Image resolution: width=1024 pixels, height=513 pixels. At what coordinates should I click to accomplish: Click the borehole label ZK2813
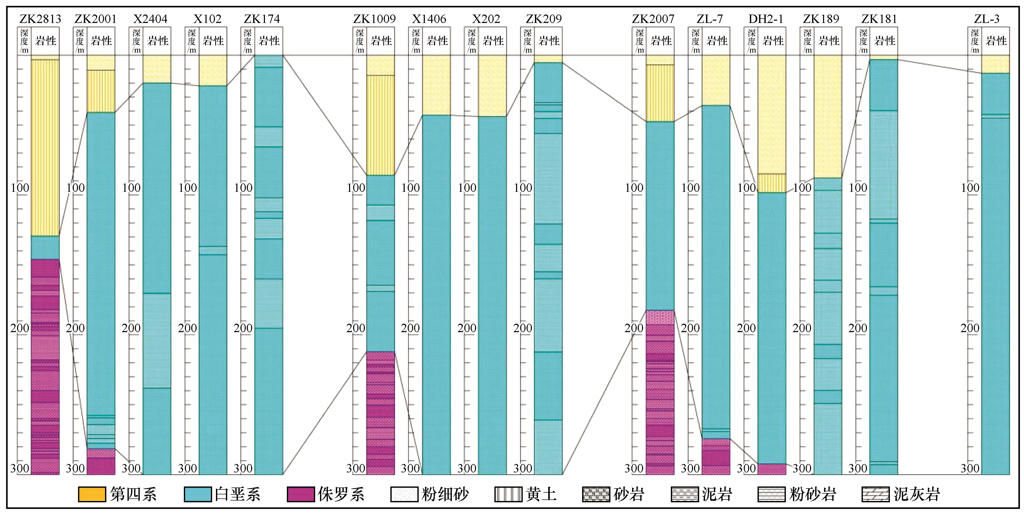(40, 19)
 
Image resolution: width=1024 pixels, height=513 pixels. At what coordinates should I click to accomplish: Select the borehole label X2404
(150, 19)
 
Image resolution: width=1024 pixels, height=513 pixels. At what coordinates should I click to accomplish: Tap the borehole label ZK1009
(375, 19)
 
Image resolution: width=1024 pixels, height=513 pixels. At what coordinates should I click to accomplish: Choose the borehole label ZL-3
(987, 19)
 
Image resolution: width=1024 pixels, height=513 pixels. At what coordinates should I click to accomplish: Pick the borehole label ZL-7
(710, 19)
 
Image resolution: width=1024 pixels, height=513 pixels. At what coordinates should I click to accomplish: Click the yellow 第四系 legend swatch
(92, 494)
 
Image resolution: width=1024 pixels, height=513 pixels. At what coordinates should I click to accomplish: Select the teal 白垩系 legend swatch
(198, 494)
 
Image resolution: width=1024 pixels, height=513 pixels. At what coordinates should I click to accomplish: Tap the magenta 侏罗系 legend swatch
(301, 494)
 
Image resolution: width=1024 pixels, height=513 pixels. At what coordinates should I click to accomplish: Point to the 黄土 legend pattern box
(508, 494)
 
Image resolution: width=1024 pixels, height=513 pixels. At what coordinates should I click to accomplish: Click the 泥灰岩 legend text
(917, 494)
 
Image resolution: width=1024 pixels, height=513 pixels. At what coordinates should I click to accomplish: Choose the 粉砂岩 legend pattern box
(772, 494)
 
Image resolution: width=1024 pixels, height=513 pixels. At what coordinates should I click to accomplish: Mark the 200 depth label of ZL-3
(970, 328)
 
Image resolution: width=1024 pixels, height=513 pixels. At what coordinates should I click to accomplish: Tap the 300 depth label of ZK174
(243, 468)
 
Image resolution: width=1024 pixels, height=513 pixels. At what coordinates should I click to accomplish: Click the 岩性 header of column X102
(213, 41)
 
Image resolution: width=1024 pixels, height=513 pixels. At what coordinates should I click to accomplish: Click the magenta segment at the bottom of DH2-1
(772, 469)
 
